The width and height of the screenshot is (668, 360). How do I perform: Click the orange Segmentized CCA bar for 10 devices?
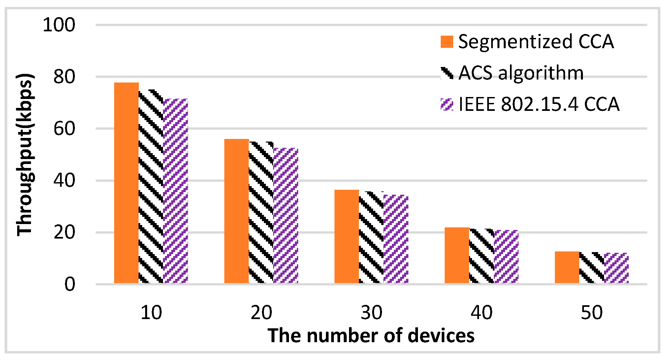coord(126,183)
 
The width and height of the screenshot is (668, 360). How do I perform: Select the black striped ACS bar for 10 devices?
coord(151,186)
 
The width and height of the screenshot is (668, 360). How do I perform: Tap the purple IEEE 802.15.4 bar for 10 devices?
coord(175,191)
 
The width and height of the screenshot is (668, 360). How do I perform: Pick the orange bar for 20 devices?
coord(237,211)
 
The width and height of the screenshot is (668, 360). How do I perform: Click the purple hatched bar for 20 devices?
coord(286,216)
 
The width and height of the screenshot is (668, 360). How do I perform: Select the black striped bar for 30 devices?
coord(371,238)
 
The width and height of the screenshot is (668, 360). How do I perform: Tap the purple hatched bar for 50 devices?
coord(616,268)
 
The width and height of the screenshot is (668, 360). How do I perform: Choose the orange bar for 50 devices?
coord(567,267)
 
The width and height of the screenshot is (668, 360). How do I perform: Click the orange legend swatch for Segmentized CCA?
coord(447,42)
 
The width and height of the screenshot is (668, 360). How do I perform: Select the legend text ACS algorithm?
coord(521,73)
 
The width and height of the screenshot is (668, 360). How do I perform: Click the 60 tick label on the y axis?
coord(64,129)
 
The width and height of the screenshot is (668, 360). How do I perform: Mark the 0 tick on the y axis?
coord(70,284)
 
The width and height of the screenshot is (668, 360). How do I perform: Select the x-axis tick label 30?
coord(371,312)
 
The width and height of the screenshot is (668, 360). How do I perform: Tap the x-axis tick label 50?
coord(591,312)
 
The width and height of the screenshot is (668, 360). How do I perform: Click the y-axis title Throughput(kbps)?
coord(25,154)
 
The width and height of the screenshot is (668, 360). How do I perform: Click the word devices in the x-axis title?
coord(441,336)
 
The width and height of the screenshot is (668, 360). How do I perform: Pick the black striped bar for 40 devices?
coord(482,256)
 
